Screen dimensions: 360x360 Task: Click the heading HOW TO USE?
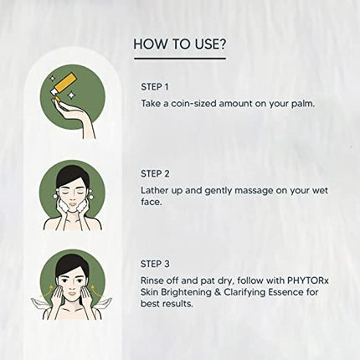pos(179,43)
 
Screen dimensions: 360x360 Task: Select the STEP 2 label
pos(154,175)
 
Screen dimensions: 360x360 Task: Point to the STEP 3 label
pos(154,265)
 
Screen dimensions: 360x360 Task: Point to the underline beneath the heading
pos(179,59)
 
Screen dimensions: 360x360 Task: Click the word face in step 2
pos(153,206)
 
